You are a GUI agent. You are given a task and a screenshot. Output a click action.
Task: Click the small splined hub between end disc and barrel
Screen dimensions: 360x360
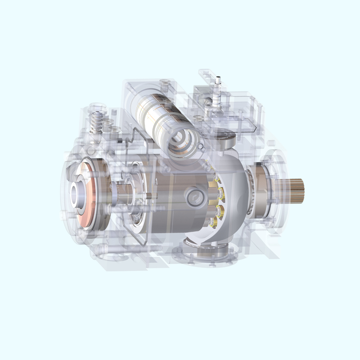pos(119,193)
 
